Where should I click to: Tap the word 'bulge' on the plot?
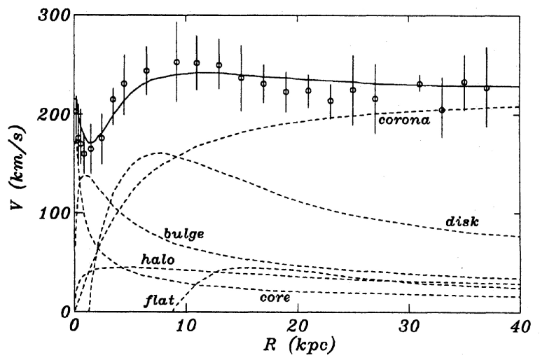184,233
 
